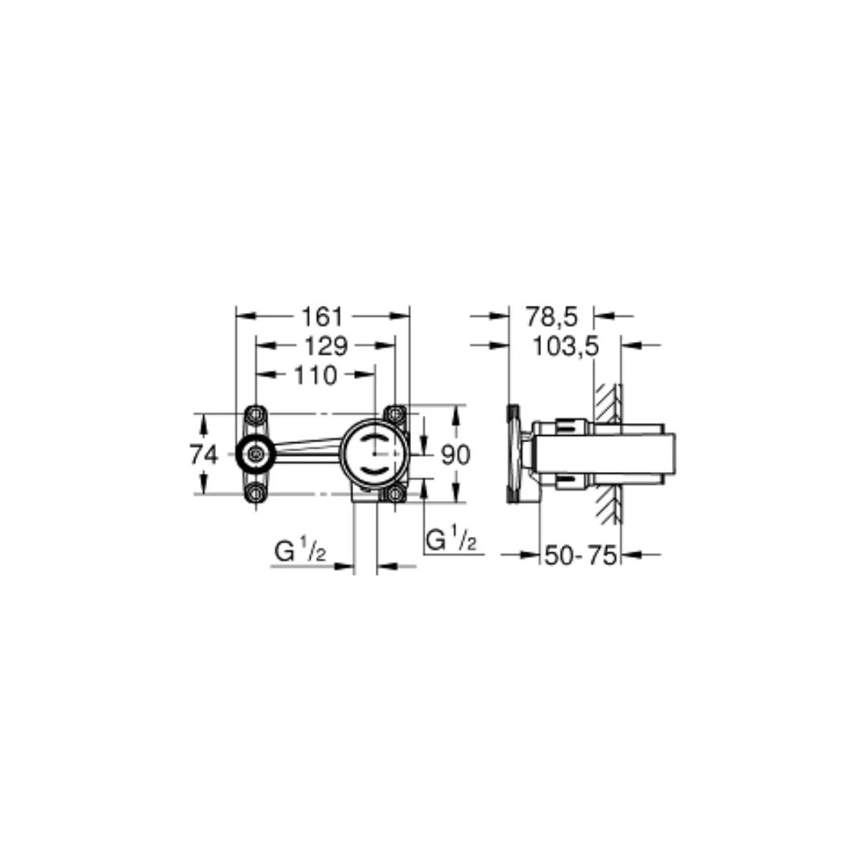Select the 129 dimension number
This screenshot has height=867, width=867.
(326, 346)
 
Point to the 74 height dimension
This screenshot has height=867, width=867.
(204, 455)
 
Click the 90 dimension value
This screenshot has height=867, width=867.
(455, 455)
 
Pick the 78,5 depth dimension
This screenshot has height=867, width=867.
(552, 316)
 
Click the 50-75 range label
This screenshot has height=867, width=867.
(580, 555)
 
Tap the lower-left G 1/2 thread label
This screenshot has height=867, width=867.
(299, 553)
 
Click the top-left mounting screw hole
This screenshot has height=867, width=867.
(255, 415)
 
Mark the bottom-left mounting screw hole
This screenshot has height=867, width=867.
(255, 494)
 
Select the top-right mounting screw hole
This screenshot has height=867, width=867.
(394, 415)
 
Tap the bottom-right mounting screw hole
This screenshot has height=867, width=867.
(394, 494)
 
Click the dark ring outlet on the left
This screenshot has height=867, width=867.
(255, 454)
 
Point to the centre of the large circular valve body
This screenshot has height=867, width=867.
(374, 454)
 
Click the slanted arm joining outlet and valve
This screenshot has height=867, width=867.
(309, 447)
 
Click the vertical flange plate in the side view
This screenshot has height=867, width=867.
(513, 454)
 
